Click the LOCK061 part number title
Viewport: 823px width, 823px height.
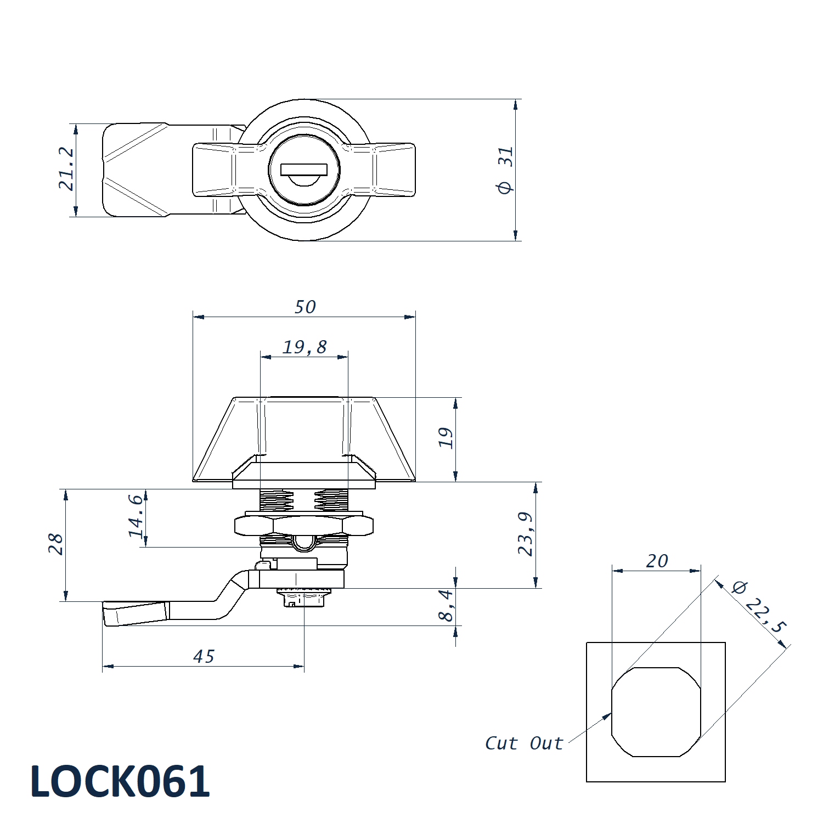[120, 781]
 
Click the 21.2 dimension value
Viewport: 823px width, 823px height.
[66, 168]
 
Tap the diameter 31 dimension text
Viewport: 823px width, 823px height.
[505, 170]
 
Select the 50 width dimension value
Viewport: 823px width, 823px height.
[305, 307]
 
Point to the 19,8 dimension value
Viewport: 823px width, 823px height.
[305, 347]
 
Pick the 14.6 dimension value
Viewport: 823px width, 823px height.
[136, 516]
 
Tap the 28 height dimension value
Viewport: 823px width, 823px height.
[56, 544]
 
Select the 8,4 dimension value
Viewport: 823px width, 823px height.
[447, 605]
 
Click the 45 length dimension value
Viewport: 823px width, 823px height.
[204, 656]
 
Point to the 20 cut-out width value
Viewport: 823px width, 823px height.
[657, 561]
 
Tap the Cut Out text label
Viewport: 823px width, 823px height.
[524, 743]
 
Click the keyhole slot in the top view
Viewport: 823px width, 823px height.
[304, 170]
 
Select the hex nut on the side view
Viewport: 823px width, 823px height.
[304, 525]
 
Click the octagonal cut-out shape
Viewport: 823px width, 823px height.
[656, 712]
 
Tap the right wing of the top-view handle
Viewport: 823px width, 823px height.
[394, 170]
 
